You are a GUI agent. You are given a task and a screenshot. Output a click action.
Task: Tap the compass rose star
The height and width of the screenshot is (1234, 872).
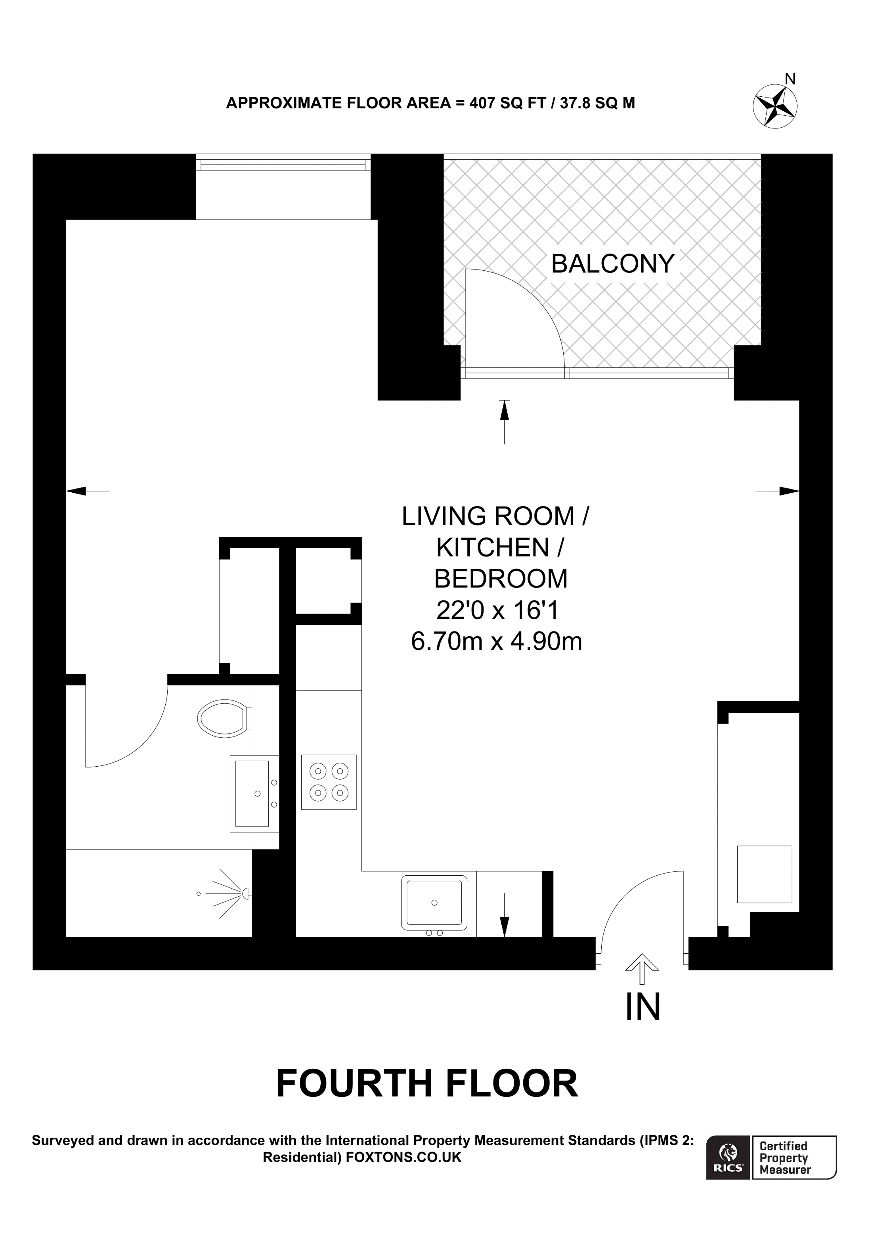[775, 106]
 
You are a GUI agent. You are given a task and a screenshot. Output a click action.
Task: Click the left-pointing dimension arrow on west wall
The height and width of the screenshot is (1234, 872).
[88, 491]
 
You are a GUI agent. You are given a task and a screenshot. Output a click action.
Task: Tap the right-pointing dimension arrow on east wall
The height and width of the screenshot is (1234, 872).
[777, 491]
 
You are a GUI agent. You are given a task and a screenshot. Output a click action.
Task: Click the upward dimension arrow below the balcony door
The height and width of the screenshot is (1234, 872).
[504, 422]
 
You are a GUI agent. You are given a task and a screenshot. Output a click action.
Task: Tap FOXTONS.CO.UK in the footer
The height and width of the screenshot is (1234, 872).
[403, 1157]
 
